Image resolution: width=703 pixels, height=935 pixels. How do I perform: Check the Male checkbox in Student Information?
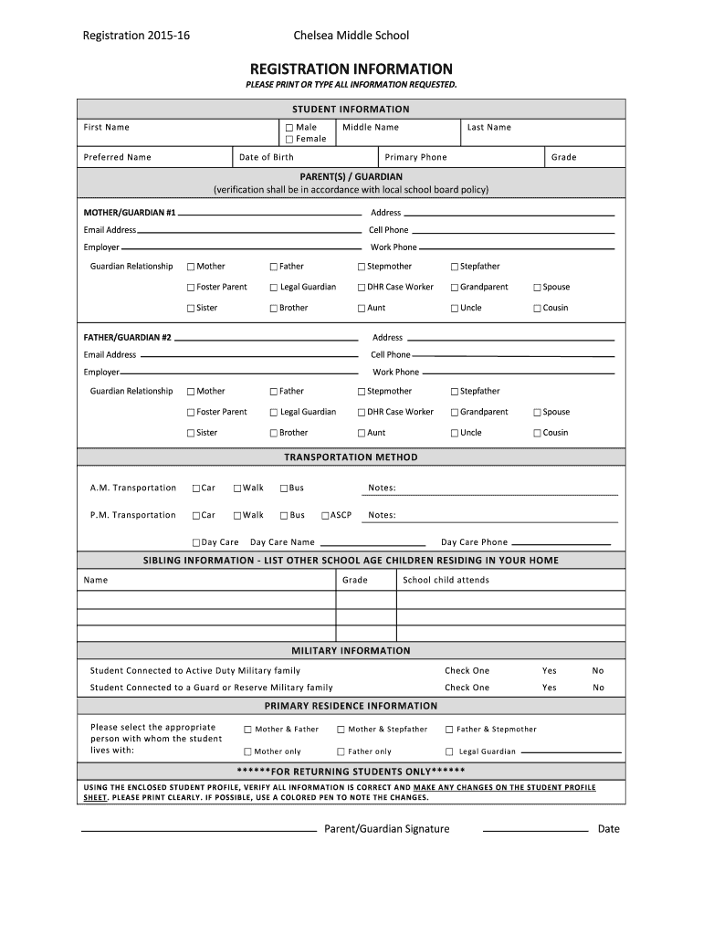[x=289, y=128]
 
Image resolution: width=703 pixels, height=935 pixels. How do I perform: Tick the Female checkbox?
[x=289, y=140]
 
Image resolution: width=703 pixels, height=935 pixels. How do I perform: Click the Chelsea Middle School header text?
[x=351, y=36]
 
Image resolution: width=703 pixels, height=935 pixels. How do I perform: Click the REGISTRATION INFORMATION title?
[x=351, y=68]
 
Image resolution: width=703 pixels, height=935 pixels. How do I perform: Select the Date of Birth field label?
[x=266, y=157]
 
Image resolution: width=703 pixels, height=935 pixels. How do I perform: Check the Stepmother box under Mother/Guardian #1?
[x=362, y=267]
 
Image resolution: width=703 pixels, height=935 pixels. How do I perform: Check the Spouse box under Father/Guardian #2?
[x=538, y=413]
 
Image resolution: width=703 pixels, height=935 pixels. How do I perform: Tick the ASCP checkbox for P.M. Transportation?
[x=325, y=516]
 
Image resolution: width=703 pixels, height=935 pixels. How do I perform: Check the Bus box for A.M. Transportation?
[x=284, y=489]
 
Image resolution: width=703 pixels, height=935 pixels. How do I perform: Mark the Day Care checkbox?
[x=196, y=542]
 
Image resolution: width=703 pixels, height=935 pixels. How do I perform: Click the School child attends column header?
[x=446, y=580]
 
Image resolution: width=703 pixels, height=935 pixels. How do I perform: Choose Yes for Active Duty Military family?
[x=549, y=670]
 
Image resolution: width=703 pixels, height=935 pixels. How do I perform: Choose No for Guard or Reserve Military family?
[x=598, y=688]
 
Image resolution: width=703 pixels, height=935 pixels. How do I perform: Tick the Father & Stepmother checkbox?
[x=449, y=730]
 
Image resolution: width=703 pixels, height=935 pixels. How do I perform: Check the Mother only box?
[x=247, y=752]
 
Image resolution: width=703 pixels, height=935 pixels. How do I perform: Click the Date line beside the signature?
[x=534, y=831]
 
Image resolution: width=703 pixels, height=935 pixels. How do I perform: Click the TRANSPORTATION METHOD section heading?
[x=351, y=457]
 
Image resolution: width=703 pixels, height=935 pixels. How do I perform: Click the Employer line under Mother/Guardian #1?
[x=241, y=248]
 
